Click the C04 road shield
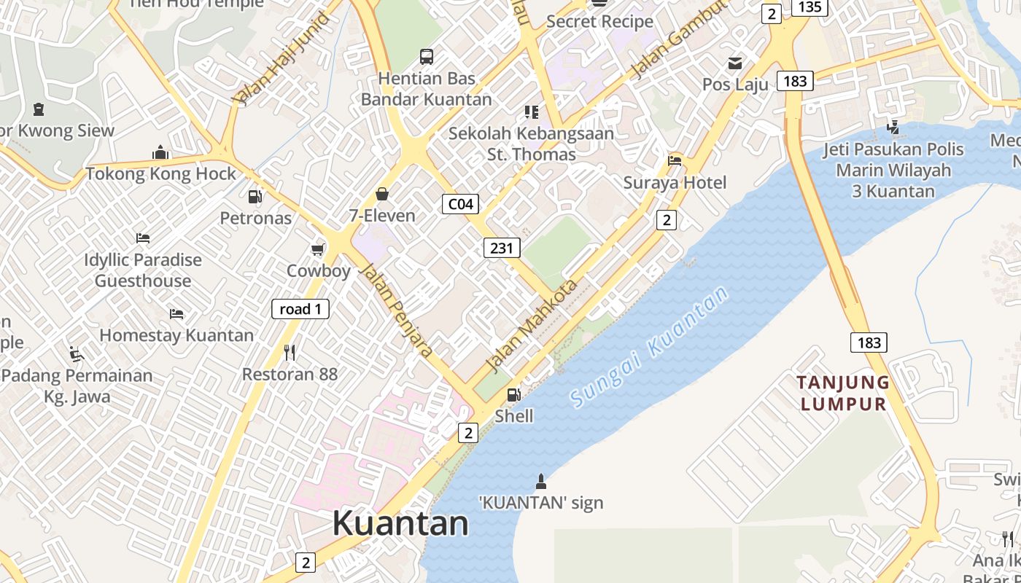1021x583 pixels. (460, 204)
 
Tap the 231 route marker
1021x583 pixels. (502, 248)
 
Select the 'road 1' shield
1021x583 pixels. (300, 309)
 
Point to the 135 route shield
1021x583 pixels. (810, 7)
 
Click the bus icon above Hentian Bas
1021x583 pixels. (427, 56)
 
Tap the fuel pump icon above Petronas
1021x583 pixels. (255, 196)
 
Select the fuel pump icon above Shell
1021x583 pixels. (514, 395)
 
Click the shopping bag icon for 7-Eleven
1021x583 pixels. (381, 194)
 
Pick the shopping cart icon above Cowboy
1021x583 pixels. (318, 250)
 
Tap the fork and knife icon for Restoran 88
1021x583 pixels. (290, 353)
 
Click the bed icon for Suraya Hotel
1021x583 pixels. (675, 161)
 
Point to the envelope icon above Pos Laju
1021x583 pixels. (735, 63)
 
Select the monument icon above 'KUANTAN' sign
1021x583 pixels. (541, 481)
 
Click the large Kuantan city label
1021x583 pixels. (400, 523)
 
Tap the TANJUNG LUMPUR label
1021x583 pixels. (842, 393)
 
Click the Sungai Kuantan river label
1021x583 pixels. (649, 347)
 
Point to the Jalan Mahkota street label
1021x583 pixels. (531, 326)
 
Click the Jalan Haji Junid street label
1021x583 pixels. (281, 58)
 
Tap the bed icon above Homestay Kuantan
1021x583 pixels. (176, 314)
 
